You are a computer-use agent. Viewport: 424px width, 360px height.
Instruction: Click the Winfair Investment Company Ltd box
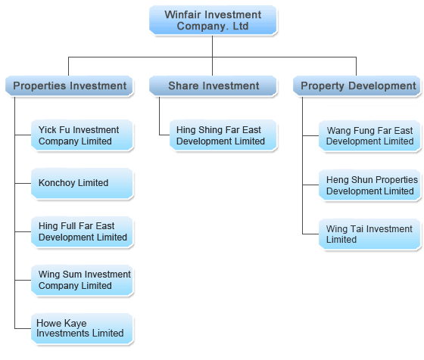(213, 20)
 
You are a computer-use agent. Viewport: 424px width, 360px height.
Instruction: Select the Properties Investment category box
(69, 86)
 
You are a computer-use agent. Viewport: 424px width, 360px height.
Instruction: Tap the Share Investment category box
(213, 86)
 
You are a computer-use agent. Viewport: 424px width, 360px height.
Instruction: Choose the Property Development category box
(357, 86)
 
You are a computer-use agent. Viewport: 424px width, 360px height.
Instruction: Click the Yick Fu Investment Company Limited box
(82, 135)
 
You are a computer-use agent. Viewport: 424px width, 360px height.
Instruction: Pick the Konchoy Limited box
(82, 183)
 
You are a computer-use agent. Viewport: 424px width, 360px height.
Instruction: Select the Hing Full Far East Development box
(82, 231)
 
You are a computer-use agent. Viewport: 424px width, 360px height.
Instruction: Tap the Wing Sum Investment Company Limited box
(82, 280)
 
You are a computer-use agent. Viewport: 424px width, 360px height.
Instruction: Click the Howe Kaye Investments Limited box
(82, 328)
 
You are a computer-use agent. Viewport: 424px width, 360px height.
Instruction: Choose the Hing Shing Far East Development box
(223, 135)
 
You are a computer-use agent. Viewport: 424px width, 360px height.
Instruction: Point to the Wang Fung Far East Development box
(369, 136)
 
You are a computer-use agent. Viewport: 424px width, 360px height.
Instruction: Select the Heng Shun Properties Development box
(369, 185)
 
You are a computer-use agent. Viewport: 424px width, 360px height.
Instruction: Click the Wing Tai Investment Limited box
(369, 234)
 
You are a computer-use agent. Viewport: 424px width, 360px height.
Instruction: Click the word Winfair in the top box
(182, 14)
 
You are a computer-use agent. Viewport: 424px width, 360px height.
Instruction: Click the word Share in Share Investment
(182, 86)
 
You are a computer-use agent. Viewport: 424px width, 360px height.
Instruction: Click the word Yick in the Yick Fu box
(47, 130)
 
